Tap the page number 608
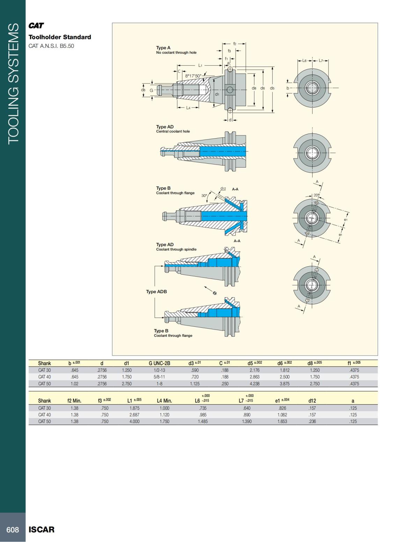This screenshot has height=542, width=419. pyautogui.click(x=13, y=529)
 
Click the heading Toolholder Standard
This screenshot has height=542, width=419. pyautogui.click(x=60, y=37)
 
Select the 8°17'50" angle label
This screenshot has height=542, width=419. pyautogui.click(x=193, y=76)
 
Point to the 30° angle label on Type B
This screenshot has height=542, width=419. pyautogui.click(x=204, y=196)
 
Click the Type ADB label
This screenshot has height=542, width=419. pyautogui.click(x=156, y=292)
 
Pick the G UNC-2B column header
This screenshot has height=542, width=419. pyautogui.click(x=159, y=363)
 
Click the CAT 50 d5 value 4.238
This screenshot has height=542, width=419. pyautogui.click(x=255, y=384)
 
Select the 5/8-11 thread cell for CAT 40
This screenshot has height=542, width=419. pyautogui.click(x=159, y=377)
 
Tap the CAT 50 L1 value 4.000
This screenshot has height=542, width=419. pyautogui.click(x=134, y=422)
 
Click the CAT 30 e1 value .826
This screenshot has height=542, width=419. pyautogui.click(x=282, y=408)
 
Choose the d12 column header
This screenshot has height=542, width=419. pyautogui.click(x=312, y=401)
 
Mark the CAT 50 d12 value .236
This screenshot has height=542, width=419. pyautogui.click(x=312, y=422)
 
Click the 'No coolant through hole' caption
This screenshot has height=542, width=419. pyautogui.click(x=176, y=53)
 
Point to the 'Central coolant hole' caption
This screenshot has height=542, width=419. pyautogui.click(x=173, y=132)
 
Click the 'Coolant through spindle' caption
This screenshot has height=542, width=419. pyautogui.click(x=176, y=250)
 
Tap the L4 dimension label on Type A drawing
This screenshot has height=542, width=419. pyautogui.click(x=188, y=108)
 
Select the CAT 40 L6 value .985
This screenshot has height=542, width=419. pyautogui.click(x=203, y=415)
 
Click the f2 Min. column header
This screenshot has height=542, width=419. pyautogui.click(x=74, y=401)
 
